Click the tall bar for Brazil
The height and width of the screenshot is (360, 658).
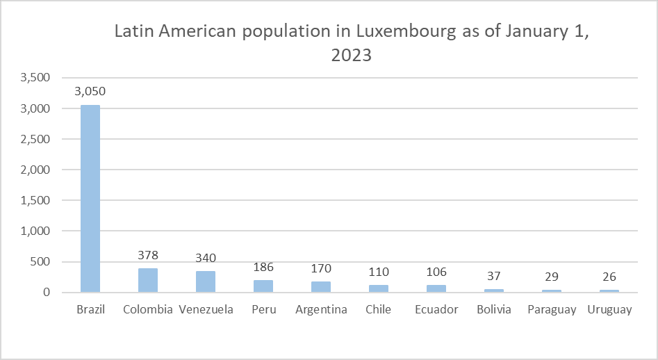pyautogui.click(x=90, y=198)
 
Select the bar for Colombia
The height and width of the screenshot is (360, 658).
pyautogui.click(x=148, y=280)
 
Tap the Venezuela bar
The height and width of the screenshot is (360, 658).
pyautogui.click(x=206, y=281)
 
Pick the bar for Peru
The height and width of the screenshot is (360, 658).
pyautogui.click(x=263, y=286)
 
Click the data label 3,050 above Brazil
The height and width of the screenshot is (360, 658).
pyautogui.click(x=90, y=92)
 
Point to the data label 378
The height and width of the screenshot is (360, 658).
pyautogui.click(x=148, y=255)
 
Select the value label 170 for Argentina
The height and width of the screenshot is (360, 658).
pyautogui.click(x=321, y=268)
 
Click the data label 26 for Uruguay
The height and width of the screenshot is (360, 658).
pyautogui.click(x=609, y=277)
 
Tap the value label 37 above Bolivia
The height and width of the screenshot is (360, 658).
pyautogui.click(x=494, y=277)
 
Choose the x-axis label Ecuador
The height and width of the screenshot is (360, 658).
pyautogui.click(x=436, y=310)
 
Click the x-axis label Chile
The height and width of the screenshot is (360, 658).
pyautogui.click(x=379, y=310)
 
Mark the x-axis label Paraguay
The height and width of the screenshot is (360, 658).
pyautogui.click(x=552, y=310)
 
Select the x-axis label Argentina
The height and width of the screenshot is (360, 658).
pyautogui.click(x=321, y=310)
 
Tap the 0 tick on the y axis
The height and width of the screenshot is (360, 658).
pyautogui.click(x=46, y=292)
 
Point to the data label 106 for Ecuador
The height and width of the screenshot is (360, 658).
pyautogui.click(x=436, y=272)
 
